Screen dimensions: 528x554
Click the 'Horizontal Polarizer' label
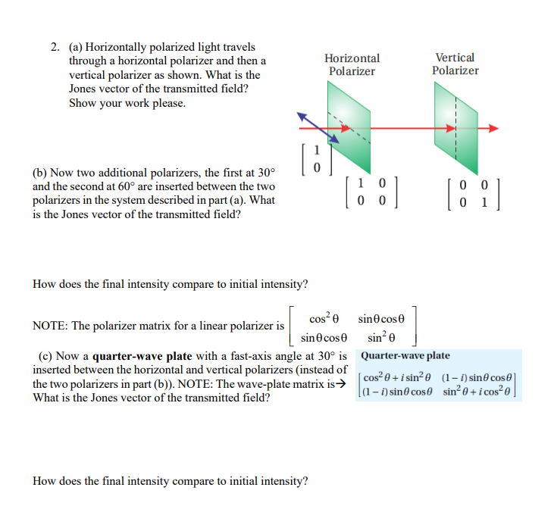pyautogui.click(x=352, y=64)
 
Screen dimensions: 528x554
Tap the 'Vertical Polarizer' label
pyautogui.click(x=455, y=64)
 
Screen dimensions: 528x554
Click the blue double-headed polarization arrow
pyautogui.click(x=318, y=128)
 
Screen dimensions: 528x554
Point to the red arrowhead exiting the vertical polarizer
pyautogui.click(x=493, y=128)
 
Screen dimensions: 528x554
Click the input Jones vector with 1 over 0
pyautogui.click(x=317, y=158)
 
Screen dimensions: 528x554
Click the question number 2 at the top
pyautogui.click(x=55, y=48)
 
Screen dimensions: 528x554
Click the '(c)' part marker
pyautogui.click(x=46, y=355)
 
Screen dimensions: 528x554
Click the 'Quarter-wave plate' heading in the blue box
pyautogui.click(x=405, y=355)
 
